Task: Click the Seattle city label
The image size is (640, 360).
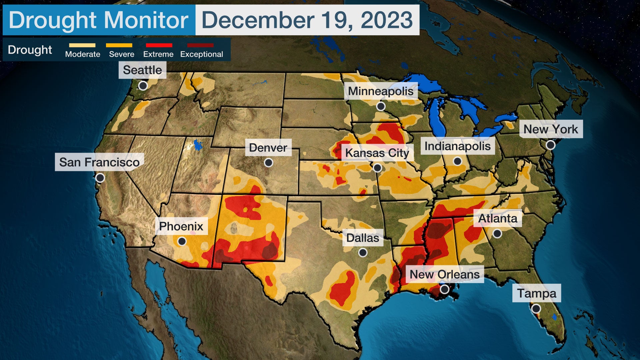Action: (142, 70)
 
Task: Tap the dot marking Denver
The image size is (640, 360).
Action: (268, 163)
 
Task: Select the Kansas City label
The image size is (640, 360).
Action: (377, 153)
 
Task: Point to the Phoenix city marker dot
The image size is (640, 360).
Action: (182, 241)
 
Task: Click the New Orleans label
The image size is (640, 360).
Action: (444, 274)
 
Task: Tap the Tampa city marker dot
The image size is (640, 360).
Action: (536, 309)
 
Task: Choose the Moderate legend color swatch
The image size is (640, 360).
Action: (82, 45)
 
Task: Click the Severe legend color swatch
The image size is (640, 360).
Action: (119, 45)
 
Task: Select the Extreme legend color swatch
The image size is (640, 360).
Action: (159, 45)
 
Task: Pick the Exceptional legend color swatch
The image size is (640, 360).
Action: (200, 45)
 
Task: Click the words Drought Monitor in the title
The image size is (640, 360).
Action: (99, 20)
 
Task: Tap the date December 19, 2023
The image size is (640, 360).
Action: (307, 20)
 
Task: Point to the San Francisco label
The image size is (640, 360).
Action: (99, 162)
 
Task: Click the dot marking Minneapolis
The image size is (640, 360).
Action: (381, 106)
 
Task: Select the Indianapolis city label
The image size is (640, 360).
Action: (457, 146)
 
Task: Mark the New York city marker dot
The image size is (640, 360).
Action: (550, 145)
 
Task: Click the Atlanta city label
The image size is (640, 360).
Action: (498, 218)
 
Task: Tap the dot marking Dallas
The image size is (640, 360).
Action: (363, 253)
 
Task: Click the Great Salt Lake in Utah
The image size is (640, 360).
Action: (198, 145)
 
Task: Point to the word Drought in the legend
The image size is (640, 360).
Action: (30, 50)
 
